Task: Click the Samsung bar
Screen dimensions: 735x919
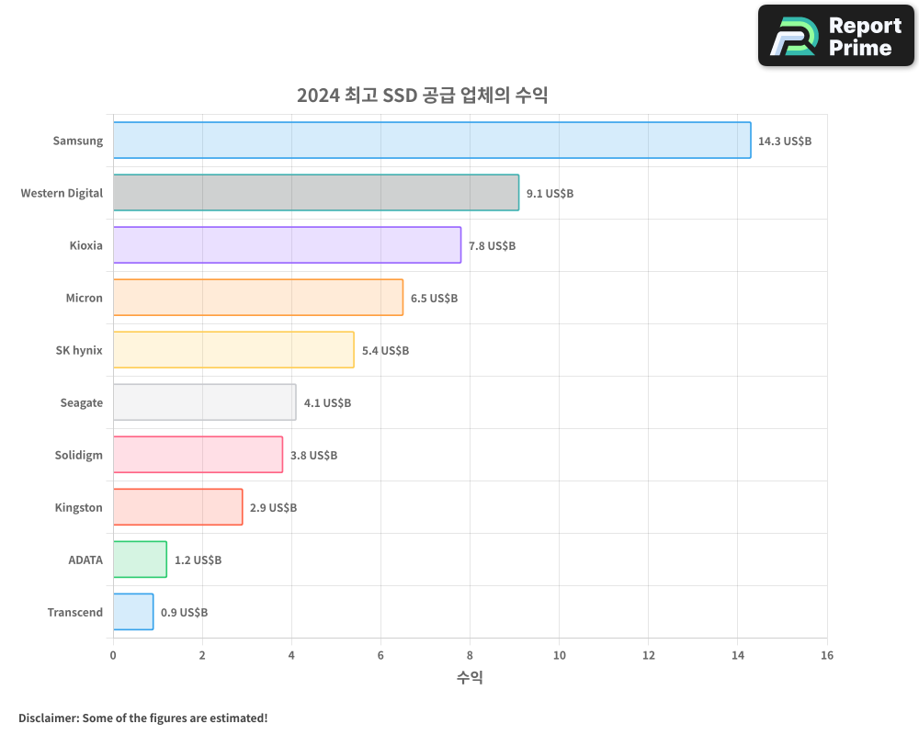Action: [x=432, y=141]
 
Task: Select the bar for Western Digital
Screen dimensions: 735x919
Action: [x=316, y=193]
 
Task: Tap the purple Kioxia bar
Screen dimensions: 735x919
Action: [x=287, y=245]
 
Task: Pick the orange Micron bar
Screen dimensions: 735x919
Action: [x=258, y=298]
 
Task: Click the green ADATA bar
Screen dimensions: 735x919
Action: [x=140, y=560]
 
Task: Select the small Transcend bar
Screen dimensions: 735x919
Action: [x=133, y=612]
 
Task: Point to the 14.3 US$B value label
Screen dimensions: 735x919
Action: [x=785, y=141]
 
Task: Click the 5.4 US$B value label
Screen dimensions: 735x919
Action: [x=385, y=351]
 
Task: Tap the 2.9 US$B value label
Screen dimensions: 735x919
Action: [x=273, y=508]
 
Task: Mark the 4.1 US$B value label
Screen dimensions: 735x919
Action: [x=327, y=403]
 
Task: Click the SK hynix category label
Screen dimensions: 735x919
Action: [x=79, y=350]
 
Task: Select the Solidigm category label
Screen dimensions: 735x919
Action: [x=79, y=455]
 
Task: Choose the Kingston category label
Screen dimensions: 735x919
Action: [x=78, y=507]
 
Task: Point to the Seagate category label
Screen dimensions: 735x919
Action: [x=81, y=402]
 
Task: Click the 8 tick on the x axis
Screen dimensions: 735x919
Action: [x=470, y=655]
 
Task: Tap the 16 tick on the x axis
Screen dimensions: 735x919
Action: [x=826, y=655]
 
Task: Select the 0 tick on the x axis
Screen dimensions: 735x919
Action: [x=113, y=655]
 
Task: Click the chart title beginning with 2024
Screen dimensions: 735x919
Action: [x=422, y=96]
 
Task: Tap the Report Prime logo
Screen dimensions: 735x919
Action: [x=835, y=36]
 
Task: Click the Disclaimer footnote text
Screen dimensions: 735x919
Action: [x=143, y=718]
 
